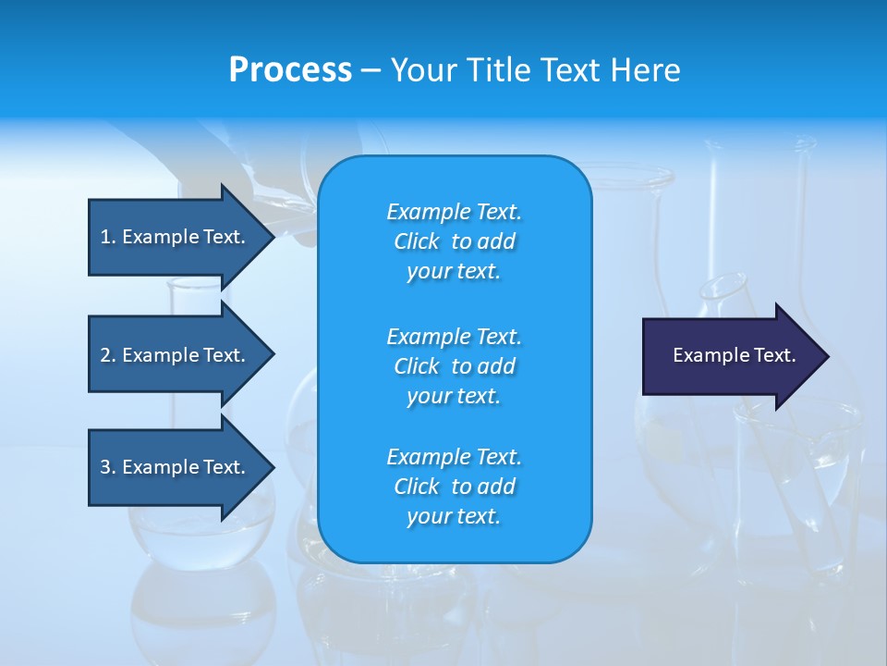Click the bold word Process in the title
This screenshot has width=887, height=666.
(x=290, y=70)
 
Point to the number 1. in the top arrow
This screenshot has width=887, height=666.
(x=108, y=237)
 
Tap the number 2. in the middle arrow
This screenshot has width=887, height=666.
(x=108, y=355)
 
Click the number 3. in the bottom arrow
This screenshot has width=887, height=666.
(x=108, y=467)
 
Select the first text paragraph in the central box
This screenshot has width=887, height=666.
(x=454, y=241)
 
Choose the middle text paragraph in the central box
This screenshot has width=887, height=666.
(x=454, y=366)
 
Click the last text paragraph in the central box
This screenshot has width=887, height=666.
(x=454, y=487)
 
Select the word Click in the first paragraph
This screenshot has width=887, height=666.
(x=417, y=241)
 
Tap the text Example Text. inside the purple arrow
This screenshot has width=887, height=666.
(x=735, y=355)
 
